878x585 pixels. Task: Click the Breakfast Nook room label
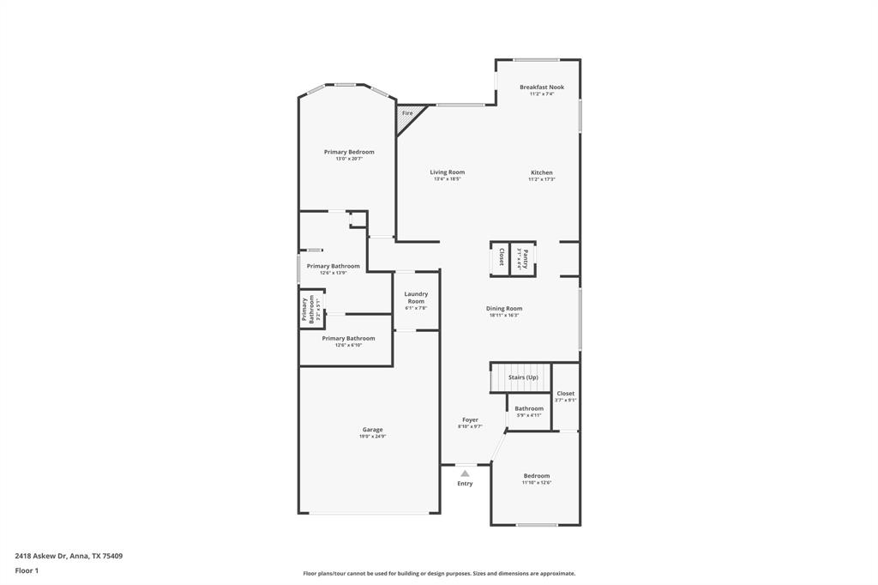click(x=541, y=87)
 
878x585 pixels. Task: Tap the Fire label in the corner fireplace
click(x=407, y=113)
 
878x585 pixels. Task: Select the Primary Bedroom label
click(x=349, y=152)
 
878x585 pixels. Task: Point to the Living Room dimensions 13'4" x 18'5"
click(x=448, y=179)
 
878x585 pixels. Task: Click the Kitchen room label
click(x=541, y=172)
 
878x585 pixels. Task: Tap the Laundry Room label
click(x=416, y=298)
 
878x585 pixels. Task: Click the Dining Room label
click(x=504, y=308)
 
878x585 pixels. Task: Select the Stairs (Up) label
click(x=523, y=377)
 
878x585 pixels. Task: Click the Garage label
click(x=372, y=429)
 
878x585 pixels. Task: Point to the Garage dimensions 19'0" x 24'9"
click(x=372, y=437)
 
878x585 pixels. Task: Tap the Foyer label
click(x=470, y=419)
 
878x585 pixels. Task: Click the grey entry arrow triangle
click(x=465, y=473)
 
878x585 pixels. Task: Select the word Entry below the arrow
click(x=465, y=484)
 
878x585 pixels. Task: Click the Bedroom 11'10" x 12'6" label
click(x=537, y=475)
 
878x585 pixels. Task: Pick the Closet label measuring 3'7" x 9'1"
click(x=565, y=393)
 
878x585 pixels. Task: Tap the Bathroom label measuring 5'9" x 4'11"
click(x=529, y=408)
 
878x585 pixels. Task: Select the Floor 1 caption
click(x=27, y=570)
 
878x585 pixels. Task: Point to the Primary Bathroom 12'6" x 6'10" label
click(x=348, y=338)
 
